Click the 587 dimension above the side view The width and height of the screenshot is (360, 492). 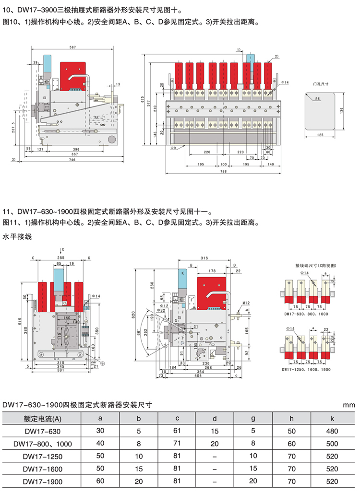point(72,47)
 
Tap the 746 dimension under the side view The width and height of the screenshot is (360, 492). point(72,159)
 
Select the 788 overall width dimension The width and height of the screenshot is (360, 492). point(223,171)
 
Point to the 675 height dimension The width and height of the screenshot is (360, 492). point(143,99)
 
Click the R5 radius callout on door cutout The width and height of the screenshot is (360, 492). point(318,99)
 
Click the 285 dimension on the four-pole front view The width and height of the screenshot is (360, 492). point(60,258)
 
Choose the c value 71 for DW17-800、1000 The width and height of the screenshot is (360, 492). point(177,444)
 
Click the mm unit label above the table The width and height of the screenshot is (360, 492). point(349,405)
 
